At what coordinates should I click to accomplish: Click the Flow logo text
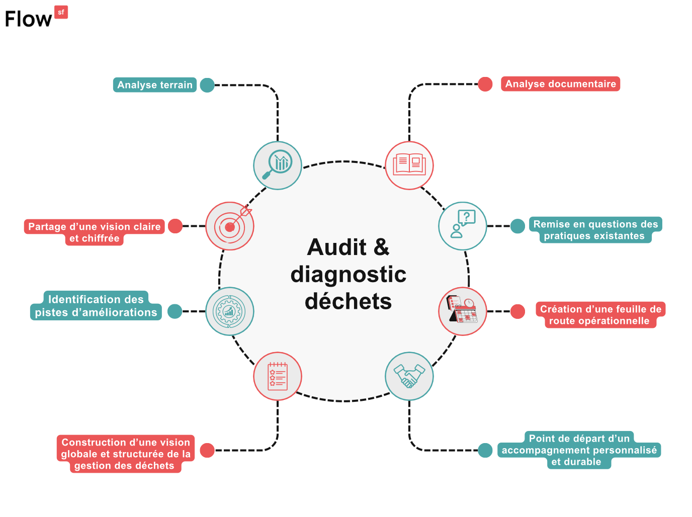pyautogui.click(x=28, y=19)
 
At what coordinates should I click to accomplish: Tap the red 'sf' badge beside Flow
pyautogui.click(x=61, y=12)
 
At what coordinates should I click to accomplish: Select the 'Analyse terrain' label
pyautogui.click(x=155, y=85)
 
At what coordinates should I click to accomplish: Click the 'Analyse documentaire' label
pyautogui.click(x=560, y=84)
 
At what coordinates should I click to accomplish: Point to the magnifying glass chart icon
pyautogui.click(x=278, y=165)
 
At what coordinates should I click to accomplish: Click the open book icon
pyautogui.click(x=409, y=165)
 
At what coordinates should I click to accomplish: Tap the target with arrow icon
pyautogui.click(x=230, y=226)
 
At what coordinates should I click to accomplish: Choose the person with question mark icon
pyautogui.click(x=463, y=226)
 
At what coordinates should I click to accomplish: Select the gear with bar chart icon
pyautogui.click(x=230, y=311)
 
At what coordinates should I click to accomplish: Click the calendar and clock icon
pyautogui.click(x=463, y=311)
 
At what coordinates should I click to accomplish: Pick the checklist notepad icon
pyautogui.click(x=278, y=376)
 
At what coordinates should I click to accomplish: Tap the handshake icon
pyautogui.click(x=409, y=376)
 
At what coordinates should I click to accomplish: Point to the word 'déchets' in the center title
pyautogui.click(x=348, y=302)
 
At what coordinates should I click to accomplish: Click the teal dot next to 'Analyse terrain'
pyautogui.click(x=207, y=85)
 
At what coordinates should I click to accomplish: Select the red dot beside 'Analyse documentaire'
pyautogui.click(x=485, y=84)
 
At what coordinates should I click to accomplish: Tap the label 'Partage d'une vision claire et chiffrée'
pyautogui.click(x=95, y=232)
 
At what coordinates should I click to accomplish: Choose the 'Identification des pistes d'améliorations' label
pyautogui.click(x=96, y=306)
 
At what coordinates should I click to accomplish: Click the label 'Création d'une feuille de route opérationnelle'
pyautogui.click(x=600, y=315)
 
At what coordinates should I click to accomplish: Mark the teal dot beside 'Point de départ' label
pyautogui.click(x=485, y=450)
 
